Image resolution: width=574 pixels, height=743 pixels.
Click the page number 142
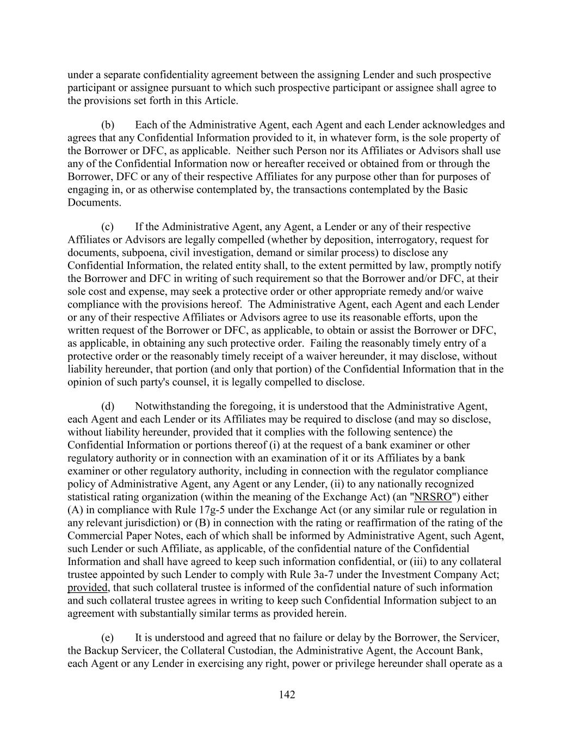(x=287, y=695)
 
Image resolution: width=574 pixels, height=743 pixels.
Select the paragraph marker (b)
(x=108, y=125)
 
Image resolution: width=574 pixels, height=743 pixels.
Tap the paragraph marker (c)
(x=107, y=226)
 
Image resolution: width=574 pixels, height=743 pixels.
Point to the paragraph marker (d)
(x=108, y=406)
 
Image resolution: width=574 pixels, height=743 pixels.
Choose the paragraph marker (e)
(x=107, y=637)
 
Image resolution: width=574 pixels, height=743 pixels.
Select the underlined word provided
(x=87, y=588)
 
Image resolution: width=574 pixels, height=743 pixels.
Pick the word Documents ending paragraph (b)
(x=93, y=202)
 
